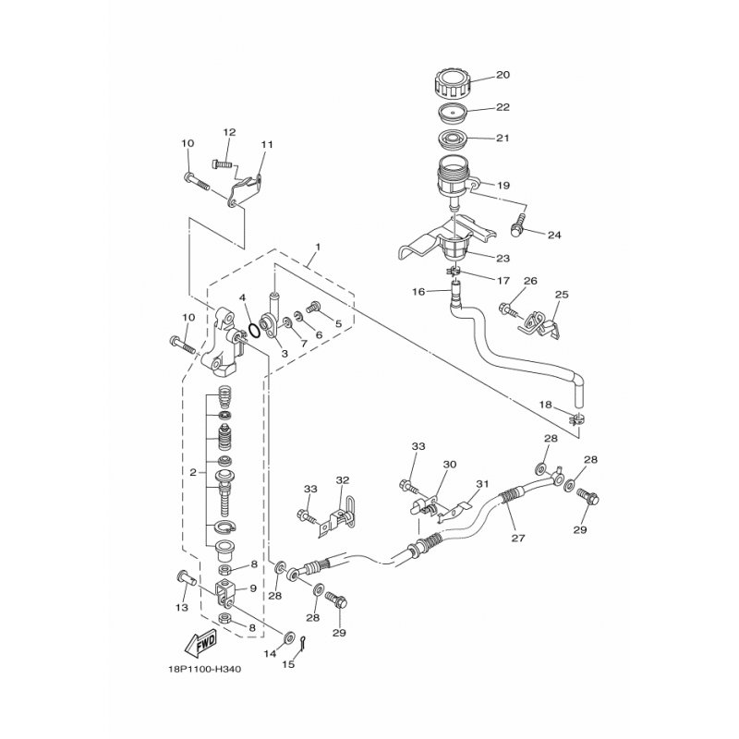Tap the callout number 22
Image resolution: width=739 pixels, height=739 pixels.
(503, 108)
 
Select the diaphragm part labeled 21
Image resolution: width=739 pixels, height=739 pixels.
(453, 141)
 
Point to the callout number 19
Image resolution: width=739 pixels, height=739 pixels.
(503, 185)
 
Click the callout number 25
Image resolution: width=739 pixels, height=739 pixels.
(561, 295)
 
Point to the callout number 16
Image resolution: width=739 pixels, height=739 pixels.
(418, 291)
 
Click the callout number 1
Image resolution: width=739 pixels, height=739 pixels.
(317, 248)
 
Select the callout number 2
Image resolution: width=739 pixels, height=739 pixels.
(193, 472)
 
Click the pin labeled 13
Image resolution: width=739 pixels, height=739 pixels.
(182, 578)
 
